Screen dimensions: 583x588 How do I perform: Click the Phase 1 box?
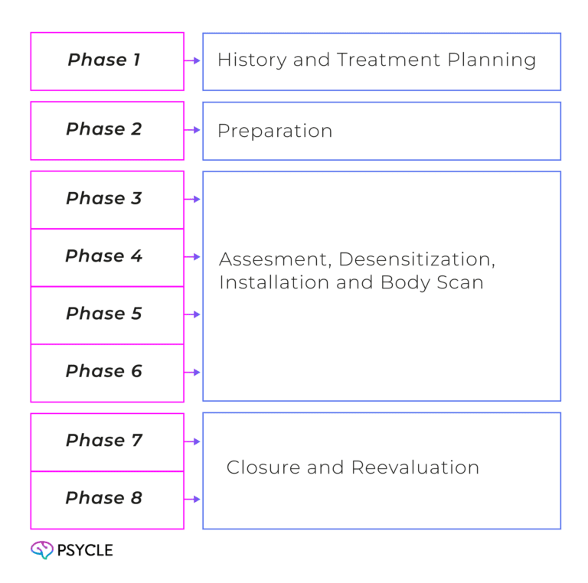click(x=106, y=60)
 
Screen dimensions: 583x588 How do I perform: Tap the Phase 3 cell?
click(x=106, y=199)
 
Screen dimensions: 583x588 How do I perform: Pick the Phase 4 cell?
click(x=106, y=256)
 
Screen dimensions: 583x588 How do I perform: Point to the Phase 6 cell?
click(x=106, y=372)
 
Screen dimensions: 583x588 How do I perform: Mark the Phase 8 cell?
click(x=106, y=499)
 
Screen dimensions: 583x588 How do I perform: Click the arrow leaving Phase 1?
click(x=192, y=60)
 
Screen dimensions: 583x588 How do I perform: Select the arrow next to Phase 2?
click(x=192, y=130)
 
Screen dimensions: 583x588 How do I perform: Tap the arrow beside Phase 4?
click(x=192, y=256)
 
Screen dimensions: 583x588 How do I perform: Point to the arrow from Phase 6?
click(x=192, y=373)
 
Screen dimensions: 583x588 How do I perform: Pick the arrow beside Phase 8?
click(x=192, y=499)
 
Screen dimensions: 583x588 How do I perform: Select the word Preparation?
click(x=275, y=131)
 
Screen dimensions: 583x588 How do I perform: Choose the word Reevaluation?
click(x=415, y=467)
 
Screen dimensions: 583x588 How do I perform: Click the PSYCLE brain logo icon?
click(x=41, y=549)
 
